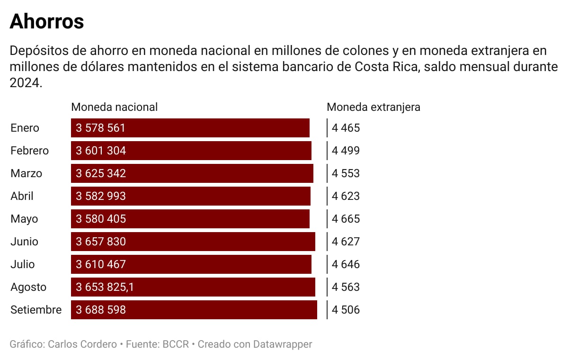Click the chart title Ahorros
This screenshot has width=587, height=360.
46,22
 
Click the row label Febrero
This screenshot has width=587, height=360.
29,151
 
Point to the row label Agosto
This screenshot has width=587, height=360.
28,287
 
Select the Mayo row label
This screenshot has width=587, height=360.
24,219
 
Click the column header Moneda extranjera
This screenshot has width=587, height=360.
373,107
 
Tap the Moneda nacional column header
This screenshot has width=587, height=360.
114,107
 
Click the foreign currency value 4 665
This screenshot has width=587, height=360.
346,219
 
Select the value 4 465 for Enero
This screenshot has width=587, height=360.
346,128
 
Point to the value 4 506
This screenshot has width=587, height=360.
346,310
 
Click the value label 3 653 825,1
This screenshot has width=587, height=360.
105,287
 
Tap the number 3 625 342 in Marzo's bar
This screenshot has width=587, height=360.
101,173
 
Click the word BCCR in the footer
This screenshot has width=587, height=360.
176,344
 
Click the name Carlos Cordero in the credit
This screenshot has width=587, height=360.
82,344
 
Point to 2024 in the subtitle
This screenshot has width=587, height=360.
24,83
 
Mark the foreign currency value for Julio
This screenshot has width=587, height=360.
346,264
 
